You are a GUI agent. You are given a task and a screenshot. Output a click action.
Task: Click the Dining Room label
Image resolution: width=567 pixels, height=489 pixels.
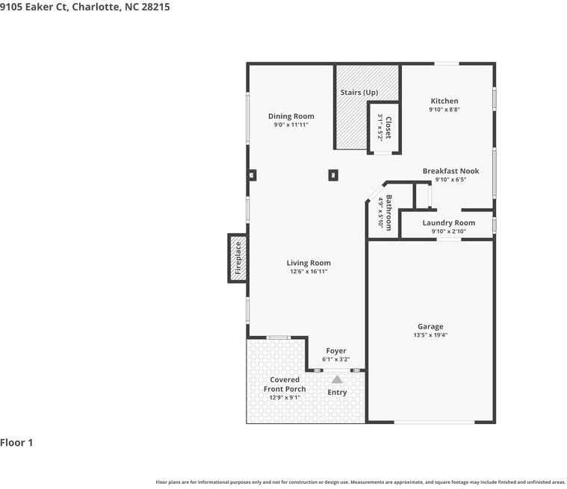(x=291, y=116)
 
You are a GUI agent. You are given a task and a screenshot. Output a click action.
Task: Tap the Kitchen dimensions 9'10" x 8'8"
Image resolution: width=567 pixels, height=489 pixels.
(x=444, y=110)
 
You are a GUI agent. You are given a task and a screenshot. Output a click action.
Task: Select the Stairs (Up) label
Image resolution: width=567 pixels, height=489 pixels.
(x=359, y=93)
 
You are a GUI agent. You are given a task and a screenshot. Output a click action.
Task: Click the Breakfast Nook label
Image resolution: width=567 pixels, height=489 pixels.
(x=450, y=171)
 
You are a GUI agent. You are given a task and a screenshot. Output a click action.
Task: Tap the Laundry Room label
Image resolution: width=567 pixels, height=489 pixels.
(x=448, y=222)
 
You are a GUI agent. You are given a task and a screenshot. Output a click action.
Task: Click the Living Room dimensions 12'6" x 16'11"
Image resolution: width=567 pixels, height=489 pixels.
(x=309, y=272)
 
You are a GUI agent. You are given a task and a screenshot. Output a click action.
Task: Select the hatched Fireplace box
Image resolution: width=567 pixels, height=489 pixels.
(x=238, y=258)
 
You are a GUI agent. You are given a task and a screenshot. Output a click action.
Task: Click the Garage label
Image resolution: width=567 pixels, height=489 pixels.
(x=430, y=326)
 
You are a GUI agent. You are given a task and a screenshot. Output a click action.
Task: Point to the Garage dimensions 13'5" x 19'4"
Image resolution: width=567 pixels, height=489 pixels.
(x=430, y=335)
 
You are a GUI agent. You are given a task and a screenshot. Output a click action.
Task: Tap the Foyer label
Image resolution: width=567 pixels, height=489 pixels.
(x=335, y=351)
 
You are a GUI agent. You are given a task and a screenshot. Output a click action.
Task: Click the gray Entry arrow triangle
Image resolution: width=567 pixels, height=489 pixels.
(x=337, y=380)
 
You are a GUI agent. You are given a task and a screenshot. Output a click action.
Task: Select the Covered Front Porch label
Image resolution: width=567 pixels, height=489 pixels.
(x=285, y=384)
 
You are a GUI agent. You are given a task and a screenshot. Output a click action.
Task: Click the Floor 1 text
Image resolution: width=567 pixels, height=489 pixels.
(x=17, y=443)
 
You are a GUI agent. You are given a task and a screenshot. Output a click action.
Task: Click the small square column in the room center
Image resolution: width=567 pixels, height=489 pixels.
(x=333, y=175)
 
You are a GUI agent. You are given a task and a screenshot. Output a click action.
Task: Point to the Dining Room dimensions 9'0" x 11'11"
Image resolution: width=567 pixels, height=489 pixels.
(x=291, y=125)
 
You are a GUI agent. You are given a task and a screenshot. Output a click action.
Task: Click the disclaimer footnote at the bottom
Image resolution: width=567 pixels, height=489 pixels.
(x=360, y=482)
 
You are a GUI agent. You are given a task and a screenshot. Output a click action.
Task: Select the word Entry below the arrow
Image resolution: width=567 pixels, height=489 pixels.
(x=337, y=393)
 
